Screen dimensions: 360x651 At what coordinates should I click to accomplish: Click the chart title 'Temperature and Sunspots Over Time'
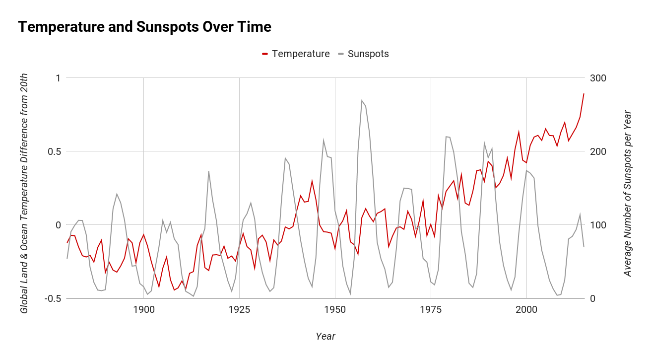coord(144,27)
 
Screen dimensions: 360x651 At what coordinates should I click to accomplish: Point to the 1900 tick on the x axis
coord(143,310)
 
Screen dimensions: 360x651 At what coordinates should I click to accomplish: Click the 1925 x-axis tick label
coord(239,310)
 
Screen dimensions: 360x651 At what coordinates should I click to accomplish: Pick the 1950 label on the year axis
coord(335,310)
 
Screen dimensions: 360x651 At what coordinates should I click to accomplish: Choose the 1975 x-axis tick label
coord(431,310)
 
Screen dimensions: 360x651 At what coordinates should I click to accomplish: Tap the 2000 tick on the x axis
coord(526,310)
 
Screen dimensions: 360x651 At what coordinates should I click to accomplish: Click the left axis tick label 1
coord(58,78)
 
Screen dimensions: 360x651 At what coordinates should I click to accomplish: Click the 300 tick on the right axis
coord(597,78)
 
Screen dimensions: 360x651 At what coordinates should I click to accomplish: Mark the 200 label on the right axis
coord(597,151)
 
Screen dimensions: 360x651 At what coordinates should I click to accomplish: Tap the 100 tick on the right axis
coord(597,225)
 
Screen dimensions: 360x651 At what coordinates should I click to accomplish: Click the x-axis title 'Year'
coord(325,336)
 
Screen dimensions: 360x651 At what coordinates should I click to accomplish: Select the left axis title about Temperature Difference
coord(24,194)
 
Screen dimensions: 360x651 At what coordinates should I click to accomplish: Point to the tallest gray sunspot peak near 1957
coord(362,100)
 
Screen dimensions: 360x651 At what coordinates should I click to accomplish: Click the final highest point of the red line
coord(584,93)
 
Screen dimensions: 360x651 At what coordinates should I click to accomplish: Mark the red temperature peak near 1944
coord(312,181)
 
